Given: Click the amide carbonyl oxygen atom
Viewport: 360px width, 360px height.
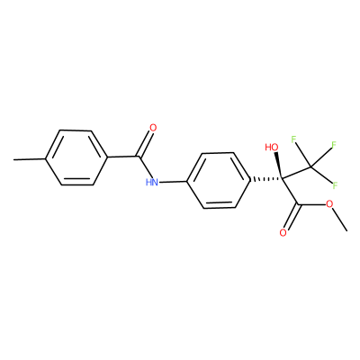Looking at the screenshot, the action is (x=153, y=128).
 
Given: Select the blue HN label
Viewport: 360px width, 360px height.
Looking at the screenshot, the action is (x=152, y=182).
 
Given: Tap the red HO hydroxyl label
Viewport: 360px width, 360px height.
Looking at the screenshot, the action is (x=272, y=148).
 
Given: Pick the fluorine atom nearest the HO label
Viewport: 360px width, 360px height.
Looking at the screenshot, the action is (x=293, y=139).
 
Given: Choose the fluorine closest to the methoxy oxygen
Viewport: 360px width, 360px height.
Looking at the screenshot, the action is (x=335, y=185).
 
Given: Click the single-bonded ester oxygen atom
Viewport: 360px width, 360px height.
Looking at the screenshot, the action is (x=329, y=204).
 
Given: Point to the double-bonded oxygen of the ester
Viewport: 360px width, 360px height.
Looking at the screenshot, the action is (x=283, y=233).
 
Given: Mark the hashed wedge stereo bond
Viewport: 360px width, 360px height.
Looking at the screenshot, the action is (x=266, y=180).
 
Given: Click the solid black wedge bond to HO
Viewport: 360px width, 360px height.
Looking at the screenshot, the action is (x=278, y=166).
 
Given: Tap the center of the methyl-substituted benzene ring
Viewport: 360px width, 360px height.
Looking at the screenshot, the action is (x=76, y=157).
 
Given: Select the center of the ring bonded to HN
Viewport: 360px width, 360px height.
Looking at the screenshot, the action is (x=219, y=180).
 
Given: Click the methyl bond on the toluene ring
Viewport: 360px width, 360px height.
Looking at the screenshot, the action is (x=30, y=159).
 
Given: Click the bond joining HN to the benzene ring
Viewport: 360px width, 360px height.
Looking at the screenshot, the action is (x=173, y=182).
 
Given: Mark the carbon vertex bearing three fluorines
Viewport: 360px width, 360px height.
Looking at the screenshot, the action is (x=311, y=166).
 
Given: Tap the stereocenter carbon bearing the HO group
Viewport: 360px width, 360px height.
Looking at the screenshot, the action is (x=282, y=179).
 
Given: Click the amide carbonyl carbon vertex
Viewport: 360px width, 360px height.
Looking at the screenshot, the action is (x=139, y=157).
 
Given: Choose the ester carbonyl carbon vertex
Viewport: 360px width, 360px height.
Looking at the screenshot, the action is (x=298, y=205).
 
